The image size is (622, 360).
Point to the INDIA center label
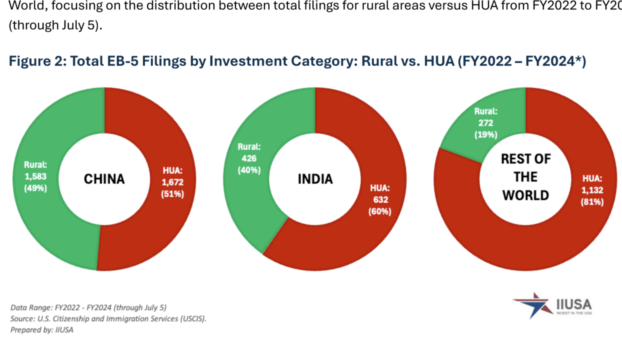315,178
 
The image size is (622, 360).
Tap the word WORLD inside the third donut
525,195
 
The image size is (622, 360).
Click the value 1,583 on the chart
35,176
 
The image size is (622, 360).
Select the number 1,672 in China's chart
172,182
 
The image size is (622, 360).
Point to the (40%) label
249,170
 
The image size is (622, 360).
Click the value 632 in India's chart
379,199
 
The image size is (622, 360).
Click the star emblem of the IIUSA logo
531,304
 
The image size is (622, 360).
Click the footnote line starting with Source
108,318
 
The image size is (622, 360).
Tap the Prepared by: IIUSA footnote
41,329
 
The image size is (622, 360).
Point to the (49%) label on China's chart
35,188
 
